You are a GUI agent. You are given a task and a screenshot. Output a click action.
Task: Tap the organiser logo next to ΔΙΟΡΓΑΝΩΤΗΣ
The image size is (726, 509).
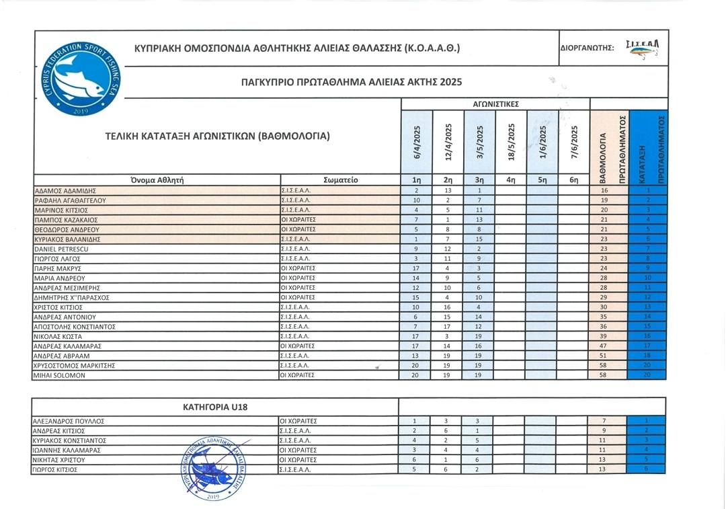tap(643, 47)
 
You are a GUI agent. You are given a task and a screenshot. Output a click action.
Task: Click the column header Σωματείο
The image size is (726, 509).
tap(341, 180)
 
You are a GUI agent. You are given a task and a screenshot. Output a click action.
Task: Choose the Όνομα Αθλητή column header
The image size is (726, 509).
tap(157, 180)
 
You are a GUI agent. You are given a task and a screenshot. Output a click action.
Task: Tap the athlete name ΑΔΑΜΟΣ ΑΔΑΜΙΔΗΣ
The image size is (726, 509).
tap(65, 191)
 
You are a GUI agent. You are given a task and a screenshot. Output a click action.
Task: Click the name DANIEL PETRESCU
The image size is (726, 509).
tap(62, 249)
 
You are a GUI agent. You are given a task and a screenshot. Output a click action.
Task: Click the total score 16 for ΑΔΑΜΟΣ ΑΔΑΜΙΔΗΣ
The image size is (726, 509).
tap(604, 191)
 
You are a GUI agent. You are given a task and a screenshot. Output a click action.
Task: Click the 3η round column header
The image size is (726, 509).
tap(479, 180)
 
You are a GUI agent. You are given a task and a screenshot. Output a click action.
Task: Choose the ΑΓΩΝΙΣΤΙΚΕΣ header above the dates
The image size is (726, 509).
tap(495, 104)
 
